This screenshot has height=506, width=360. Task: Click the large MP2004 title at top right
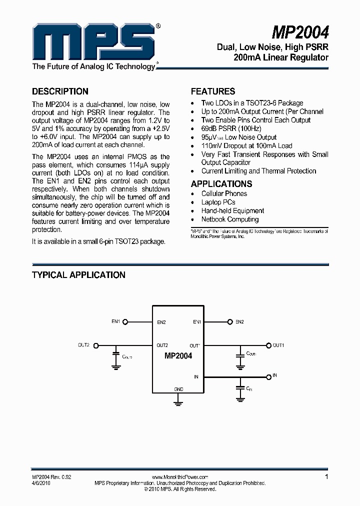pos(300,33)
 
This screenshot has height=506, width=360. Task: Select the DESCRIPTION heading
pos(60,91)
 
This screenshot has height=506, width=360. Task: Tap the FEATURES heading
pos(213,91)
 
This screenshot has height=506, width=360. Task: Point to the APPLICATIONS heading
pos(221,183)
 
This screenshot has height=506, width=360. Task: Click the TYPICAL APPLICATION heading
pos(78,275)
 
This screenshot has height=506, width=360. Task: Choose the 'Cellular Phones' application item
pos(224,193)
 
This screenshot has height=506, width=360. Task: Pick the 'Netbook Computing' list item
pos(230,219)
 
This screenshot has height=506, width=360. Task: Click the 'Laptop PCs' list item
pos(218,202)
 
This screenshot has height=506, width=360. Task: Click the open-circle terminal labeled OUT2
pos(96,345)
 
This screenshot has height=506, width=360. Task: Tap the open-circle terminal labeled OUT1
pos(268,345)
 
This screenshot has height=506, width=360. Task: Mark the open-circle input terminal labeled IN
pos(268,375)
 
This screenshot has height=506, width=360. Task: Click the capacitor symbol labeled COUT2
pos(116,356)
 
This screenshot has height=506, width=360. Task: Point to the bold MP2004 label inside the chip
pos(178,356)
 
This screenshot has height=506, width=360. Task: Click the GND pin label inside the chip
pos(178,389)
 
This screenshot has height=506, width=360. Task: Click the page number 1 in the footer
pos(326,477)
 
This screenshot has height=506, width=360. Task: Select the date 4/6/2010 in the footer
pos(41,483)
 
